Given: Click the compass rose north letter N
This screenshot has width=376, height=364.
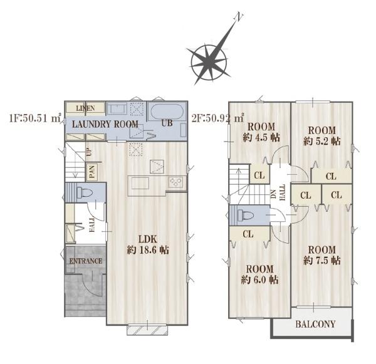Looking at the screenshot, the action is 239,17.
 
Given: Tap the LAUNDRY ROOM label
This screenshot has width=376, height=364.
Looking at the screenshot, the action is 105,124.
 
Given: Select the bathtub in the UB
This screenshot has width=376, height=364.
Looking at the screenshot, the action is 167,112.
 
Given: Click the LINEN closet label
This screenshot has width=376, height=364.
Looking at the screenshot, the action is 85,108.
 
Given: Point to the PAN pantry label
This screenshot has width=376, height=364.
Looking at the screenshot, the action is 91,172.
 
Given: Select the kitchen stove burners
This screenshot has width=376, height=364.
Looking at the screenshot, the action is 175,182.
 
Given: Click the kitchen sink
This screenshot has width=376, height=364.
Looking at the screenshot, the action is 140,184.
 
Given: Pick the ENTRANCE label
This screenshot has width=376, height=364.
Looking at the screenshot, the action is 86,261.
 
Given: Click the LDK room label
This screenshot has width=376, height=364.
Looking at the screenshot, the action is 148,239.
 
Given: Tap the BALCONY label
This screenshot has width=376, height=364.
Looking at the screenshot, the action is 315,325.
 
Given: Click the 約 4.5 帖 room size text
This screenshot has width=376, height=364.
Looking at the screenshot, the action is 261,138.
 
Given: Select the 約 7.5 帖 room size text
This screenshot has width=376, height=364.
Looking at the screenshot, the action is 322,261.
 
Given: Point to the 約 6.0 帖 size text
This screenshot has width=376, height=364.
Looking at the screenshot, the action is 259,280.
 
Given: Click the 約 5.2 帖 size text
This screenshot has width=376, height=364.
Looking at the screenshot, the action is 322,141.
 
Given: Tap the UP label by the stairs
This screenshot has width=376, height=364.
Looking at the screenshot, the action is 89,152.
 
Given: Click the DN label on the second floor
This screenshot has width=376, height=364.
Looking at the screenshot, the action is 274,194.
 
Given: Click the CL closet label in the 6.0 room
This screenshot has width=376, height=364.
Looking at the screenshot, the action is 248,234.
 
